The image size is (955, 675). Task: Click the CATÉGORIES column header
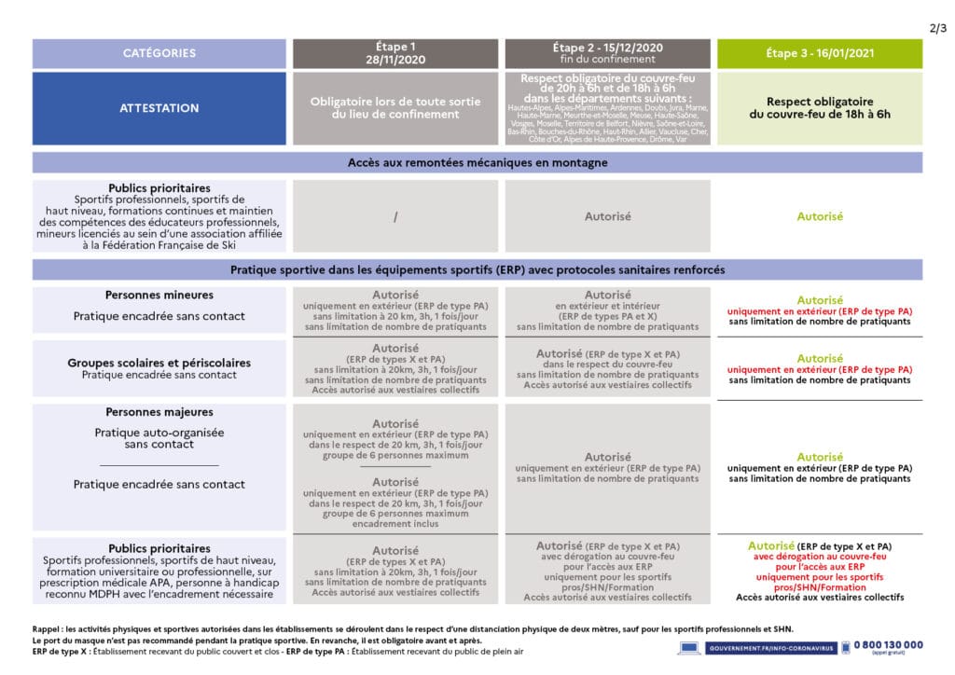159,53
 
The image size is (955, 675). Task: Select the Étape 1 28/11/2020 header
394,52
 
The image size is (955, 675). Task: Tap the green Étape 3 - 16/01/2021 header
819,53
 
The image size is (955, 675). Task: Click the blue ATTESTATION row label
159,108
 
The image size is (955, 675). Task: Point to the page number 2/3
937,27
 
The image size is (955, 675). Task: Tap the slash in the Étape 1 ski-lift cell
395,216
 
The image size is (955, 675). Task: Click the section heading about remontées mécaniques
477,163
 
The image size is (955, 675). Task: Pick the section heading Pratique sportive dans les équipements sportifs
477,269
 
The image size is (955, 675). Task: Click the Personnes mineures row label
159,296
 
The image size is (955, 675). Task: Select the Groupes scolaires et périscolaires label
159,363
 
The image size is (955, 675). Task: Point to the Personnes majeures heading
159,412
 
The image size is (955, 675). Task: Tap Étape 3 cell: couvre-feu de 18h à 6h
819,108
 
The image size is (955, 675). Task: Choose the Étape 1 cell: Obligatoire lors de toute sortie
394,108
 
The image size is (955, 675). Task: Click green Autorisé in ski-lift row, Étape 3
819,216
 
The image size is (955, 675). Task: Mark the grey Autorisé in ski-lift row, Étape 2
607,216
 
